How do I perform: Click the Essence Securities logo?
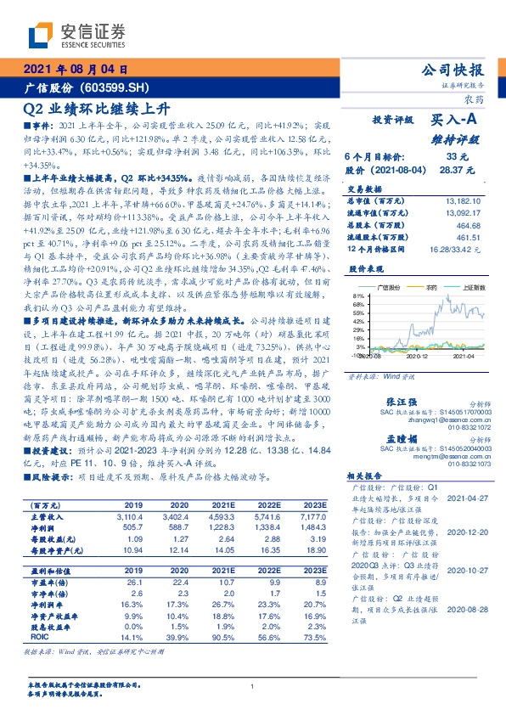pyautogui.click(x=76, y=35)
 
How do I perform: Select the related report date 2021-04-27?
pyautogui.click(x=467, y=499)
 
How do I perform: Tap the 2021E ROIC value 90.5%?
pyautogui.click(x=222, y=634)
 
